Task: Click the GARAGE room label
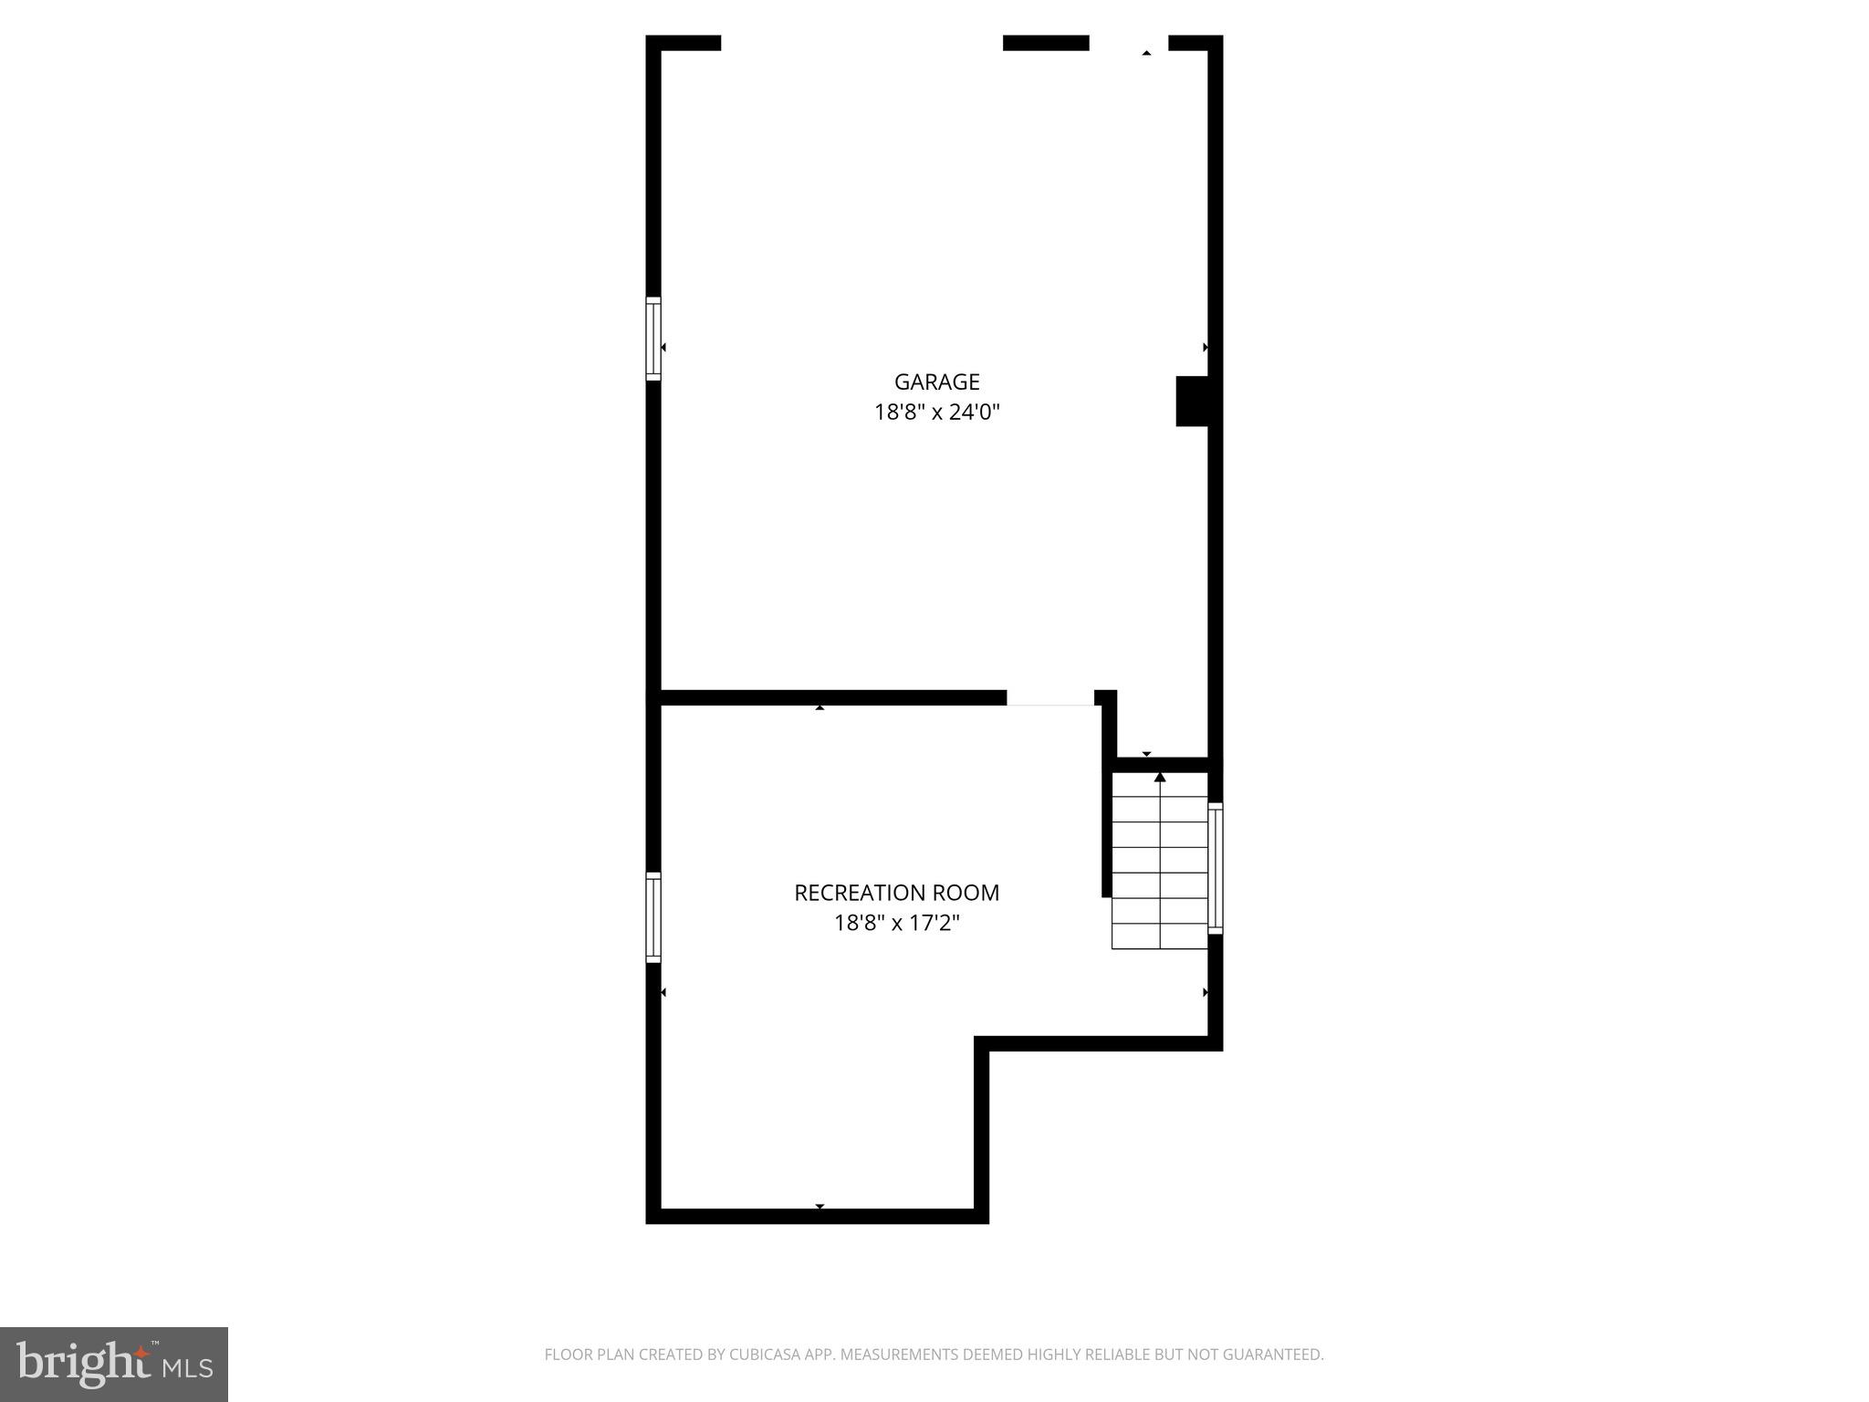[936, 382]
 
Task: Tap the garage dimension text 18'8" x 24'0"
[936, 413]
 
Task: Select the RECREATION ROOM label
[896, 893]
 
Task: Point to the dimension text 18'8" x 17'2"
[896, 924]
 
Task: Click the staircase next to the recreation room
[1160, 861]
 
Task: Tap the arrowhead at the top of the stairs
[1160, 778]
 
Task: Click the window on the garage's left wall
[653, 339]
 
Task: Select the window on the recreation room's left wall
[653, 917]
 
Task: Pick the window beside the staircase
[1216, 868]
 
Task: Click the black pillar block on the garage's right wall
[1192, 401]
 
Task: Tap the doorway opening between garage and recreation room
[1049, 698]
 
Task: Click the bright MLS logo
[114, 1364]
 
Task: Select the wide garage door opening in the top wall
[861, 43]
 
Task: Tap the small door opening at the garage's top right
[1129, 43]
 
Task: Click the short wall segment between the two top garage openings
[1046, 43]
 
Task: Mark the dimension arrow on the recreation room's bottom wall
[820, 1207]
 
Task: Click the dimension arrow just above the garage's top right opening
[1147, 53]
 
